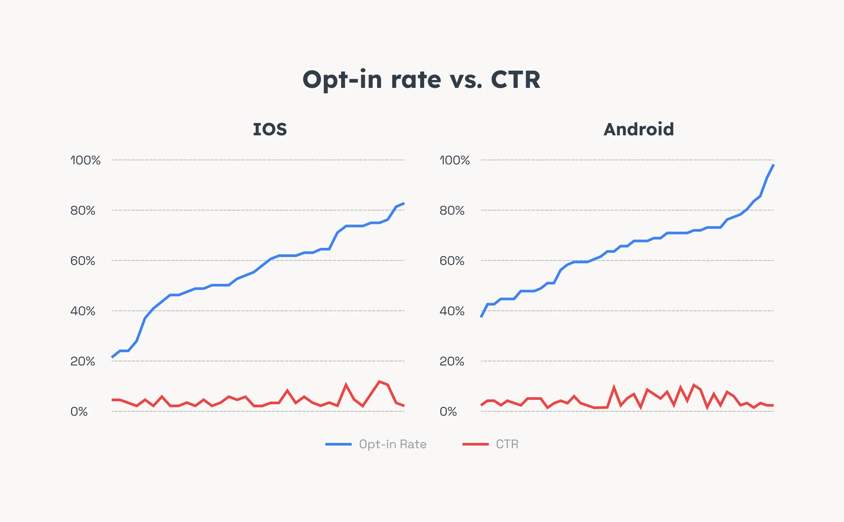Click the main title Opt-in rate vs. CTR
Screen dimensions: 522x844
[x=421, y=80]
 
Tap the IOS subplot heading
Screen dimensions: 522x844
[x=270, y=129]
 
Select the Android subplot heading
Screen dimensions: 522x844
[x=639, y=129]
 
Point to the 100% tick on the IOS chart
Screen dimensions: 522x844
[x=85, y=160]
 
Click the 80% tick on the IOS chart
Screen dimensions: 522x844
[x=83, y=210]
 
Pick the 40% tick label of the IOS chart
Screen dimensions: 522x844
[x=83, y=311]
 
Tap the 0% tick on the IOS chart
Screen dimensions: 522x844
[x=79, y=412]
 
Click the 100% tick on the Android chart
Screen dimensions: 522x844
[x=455, y=160]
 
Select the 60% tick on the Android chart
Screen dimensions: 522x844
[x=452, y=261]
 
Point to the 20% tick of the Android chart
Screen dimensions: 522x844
[x=452, y=361]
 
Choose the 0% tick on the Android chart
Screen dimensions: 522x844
[x=448, y=412]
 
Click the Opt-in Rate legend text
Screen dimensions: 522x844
[x=393, y=444]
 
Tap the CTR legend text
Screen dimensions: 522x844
[x=507, y=444]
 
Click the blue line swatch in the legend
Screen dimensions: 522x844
[x=338, y=444]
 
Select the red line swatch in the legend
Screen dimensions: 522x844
[x=475, y=444]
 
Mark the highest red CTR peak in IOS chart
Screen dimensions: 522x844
[x=379, y=381]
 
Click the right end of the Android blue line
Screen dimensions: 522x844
[x=773, y=165]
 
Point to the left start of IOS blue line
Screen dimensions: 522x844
[x=112, y=357]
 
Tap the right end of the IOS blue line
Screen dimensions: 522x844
[x=404, y=203]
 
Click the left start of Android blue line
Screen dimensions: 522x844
[x=481, y=317]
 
